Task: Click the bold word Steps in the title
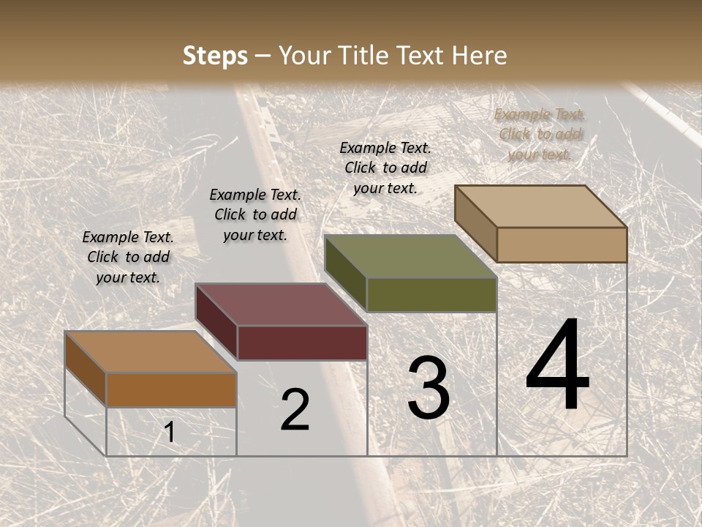coord(215,56)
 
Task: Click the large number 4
coord(557,366)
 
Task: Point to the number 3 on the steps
coord(429,388)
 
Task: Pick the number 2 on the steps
coord(295,410)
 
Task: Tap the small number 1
coord(170,433)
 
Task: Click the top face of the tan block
coord(540,206)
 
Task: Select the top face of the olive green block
coord(409,256)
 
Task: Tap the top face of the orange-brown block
coord(150,352)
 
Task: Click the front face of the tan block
coord(562,244)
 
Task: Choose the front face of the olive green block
coord(431,294)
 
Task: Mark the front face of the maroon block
coord(302,343)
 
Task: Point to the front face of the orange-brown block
coord(171,389)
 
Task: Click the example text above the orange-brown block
coord(128,257)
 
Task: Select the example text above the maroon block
coord(255,214)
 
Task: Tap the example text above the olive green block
coord(385,168)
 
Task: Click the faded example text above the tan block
coord(540,134)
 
